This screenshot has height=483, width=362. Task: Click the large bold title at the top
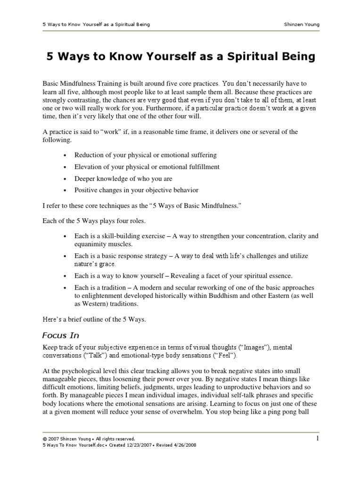[x=181, y=57]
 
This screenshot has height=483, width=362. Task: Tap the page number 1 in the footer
[x=318, y=439]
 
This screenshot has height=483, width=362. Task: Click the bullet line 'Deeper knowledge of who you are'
[x=123, y=179]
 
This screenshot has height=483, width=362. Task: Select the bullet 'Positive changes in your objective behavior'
[x=136, y=191]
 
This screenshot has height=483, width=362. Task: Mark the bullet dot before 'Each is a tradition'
[x=64, y=288]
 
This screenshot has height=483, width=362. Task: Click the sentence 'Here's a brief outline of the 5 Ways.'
[x=94, y=319]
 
